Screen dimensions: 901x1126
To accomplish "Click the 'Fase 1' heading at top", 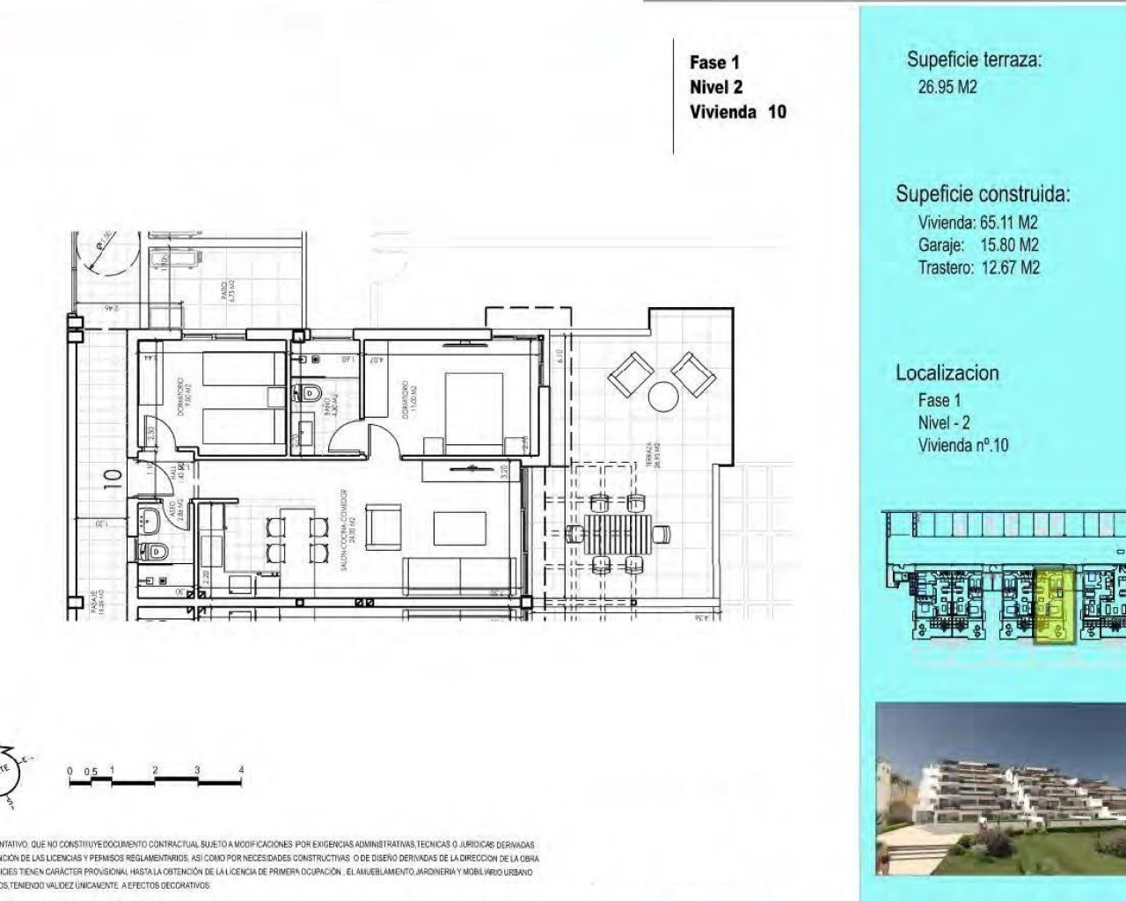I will pyautogui.click(x=714, y=62).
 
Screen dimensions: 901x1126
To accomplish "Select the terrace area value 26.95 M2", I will pyautogui.click(x=947, y=87).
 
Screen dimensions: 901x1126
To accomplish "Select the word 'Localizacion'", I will pyautogui.click(x=947, y=373).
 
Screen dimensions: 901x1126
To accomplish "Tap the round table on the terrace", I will pyautogui.click(x=661, y=397).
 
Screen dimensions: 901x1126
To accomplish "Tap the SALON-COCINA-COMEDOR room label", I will pyautogui.click(x=346, y=530).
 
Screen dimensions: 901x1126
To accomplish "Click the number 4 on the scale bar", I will pyautogui.click(x=241, y=771).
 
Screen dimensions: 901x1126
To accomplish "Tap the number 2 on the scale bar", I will pyautogui.click(x=155, y=771).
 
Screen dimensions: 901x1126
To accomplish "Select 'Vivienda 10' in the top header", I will pyautogui.click(x=737, y=112).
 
